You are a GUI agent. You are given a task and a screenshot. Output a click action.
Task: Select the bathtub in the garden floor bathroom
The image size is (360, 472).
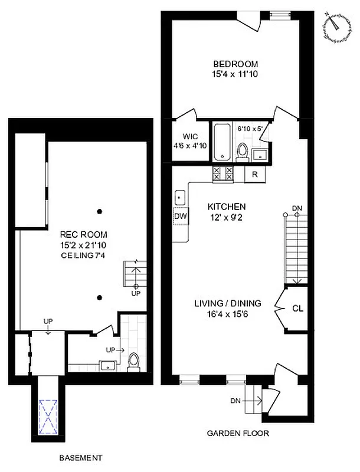222,142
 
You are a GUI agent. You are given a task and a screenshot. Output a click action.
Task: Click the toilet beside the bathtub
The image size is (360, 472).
241,152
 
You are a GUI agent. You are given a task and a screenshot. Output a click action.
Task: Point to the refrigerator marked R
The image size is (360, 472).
255,174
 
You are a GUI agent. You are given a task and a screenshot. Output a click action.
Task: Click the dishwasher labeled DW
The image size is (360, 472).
180,216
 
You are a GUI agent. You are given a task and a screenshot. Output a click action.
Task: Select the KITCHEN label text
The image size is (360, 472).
227,207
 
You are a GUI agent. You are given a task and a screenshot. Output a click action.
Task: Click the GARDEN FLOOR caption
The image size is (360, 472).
238,434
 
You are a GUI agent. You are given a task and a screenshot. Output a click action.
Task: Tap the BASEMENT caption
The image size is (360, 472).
81,457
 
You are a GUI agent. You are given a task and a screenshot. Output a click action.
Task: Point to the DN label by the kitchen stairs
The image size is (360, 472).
297,208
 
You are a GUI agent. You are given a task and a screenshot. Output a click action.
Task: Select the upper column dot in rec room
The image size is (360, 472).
100,211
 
